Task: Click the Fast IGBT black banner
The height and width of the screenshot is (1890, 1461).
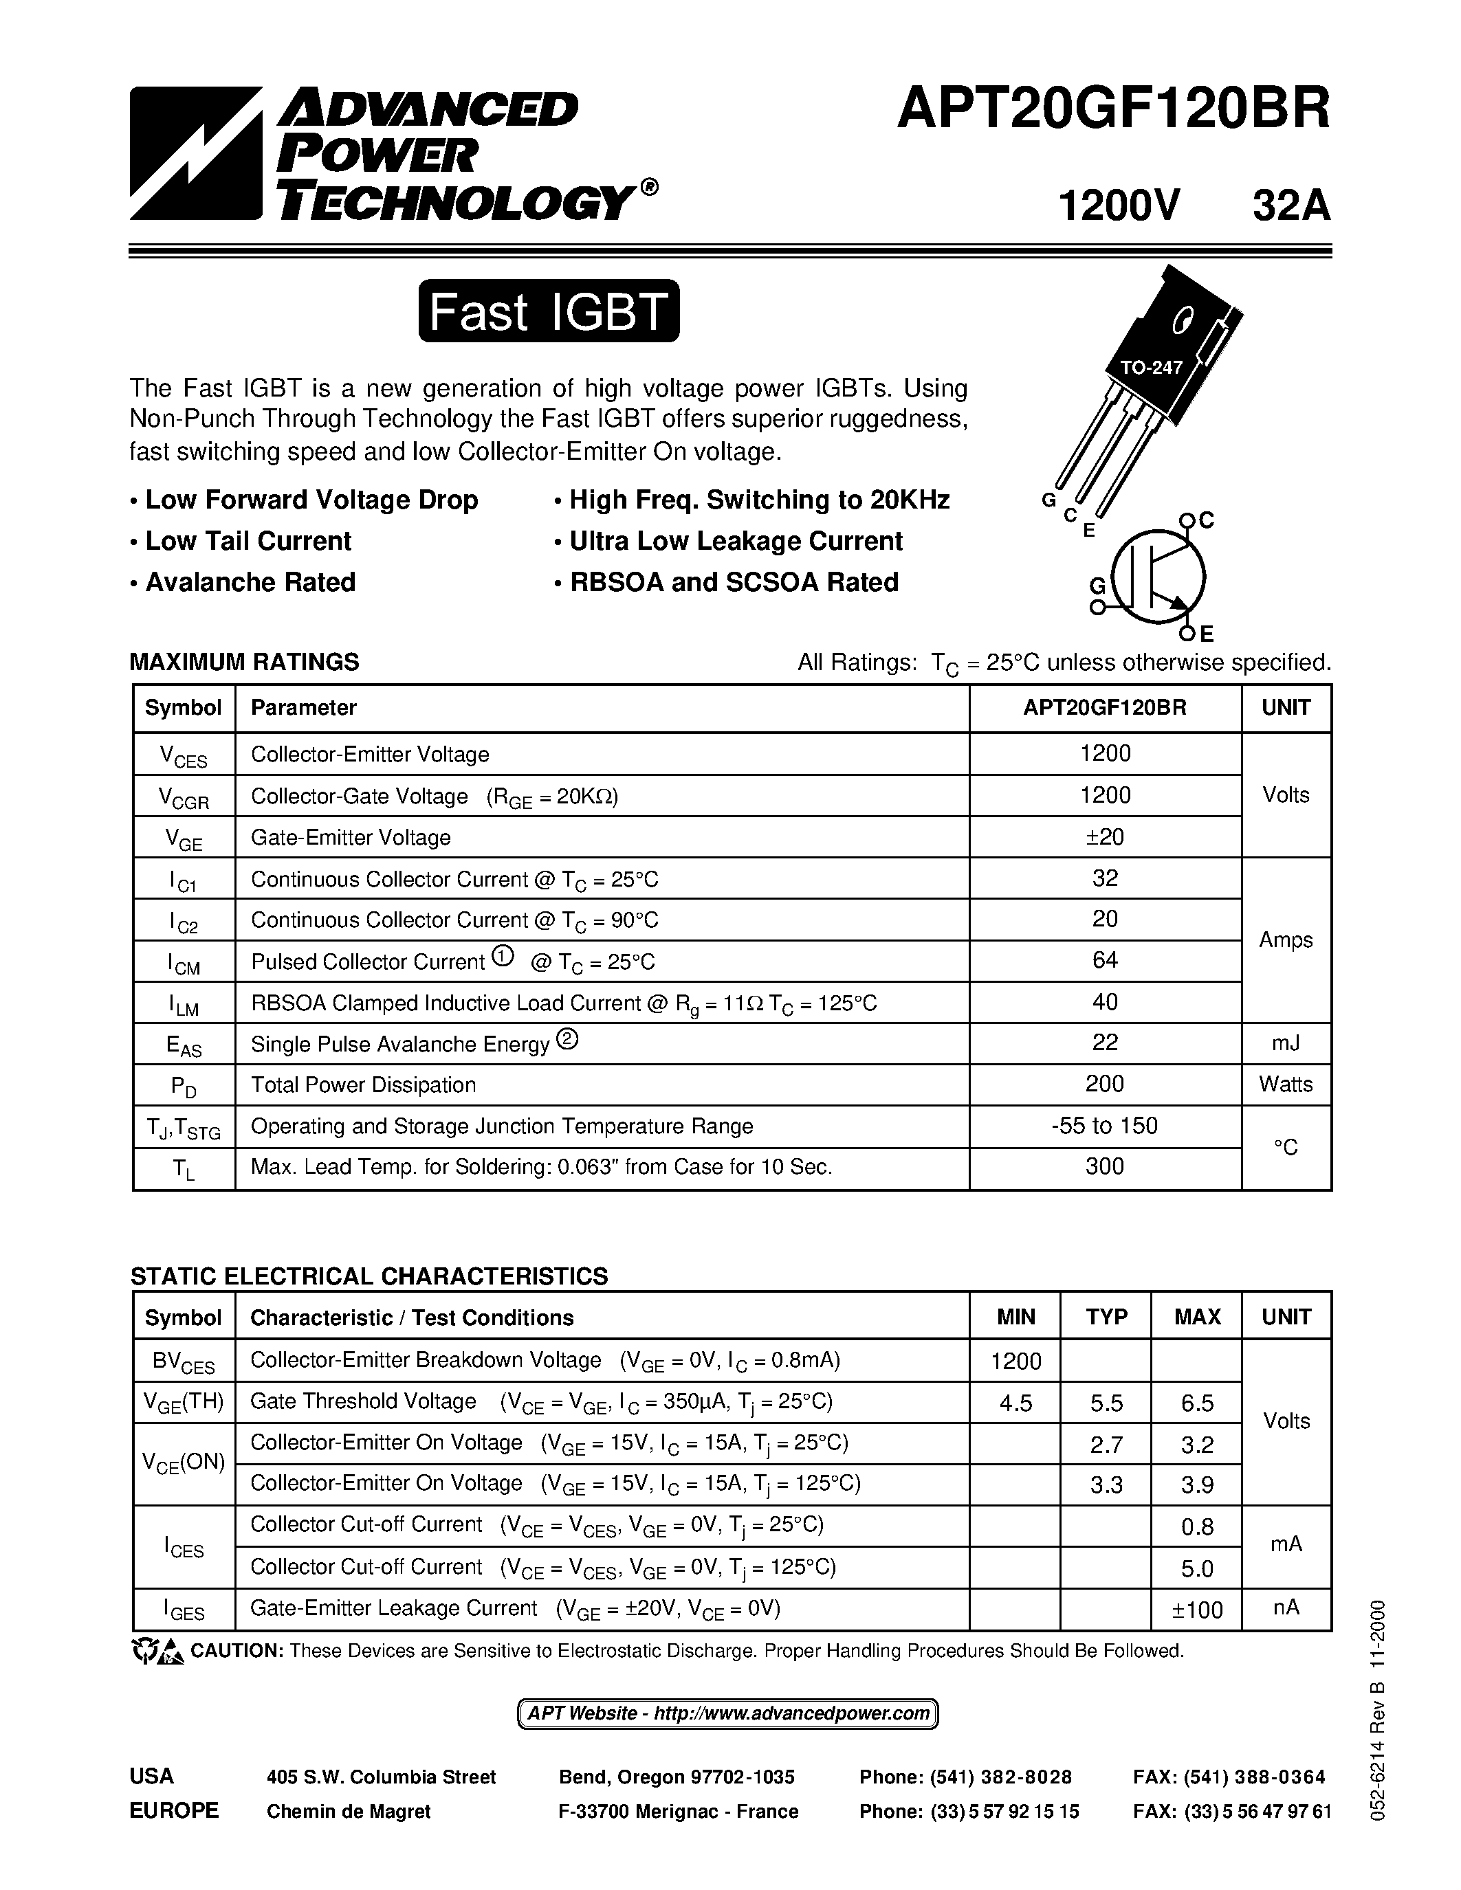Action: [549, 311]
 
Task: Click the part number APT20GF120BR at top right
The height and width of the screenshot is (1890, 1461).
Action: [1113, 111]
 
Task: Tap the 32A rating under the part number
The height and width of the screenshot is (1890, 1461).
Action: [1290, 207]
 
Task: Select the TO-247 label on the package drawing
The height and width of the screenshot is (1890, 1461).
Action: [1150, 367]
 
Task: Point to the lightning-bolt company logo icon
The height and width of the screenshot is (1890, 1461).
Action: [196, 153]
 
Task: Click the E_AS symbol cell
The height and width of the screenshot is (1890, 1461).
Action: [184, 1045]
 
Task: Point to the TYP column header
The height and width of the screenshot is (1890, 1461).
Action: [1106, 1316]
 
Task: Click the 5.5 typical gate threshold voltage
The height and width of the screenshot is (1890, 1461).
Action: [1106, 1403]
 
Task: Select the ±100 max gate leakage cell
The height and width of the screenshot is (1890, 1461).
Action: [1196, 1610]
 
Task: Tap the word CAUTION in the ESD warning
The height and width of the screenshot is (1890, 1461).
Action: [237, 1651]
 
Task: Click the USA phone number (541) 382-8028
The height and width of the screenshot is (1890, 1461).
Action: [965, 1777]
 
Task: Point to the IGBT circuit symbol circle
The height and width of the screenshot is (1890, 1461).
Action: [1157, 577]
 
